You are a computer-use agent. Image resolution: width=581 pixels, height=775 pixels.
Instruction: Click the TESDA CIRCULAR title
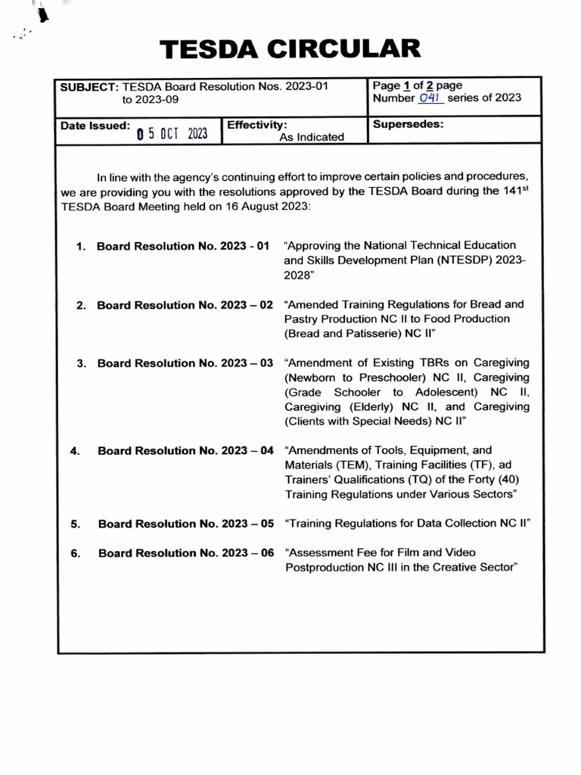pyautogui.click(x=290, y=49)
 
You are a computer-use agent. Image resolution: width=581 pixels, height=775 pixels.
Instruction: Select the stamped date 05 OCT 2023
pyautogui.click(x=172, y=134)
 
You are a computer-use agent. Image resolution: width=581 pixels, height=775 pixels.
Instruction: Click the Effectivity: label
pyautogui.click(x=256, y=123)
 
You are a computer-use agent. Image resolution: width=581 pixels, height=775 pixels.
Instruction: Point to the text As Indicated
pyautogui.click(x=312, y=137)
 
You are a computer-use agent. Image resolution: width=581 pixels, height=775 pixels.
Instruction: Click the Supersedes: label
pyautogui.click(x=408, y=124)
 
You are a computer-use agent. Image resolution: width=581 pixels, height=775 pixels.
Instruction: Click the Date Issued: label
pyautogui.click(x=95, y=126)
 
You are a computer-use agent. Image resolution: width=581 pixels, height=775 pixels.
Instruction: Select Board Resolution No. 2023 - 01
pyautogui.click(x=183, y=246)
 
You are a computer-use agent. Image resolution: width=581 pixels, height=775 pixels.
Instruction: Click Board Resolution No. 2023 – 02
pyautogui.click(x=185, y=305)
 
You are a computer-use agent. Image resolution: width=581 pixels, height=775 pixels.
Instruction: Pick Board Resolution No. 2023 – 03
pyautogui.click(x=185, y=363)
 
